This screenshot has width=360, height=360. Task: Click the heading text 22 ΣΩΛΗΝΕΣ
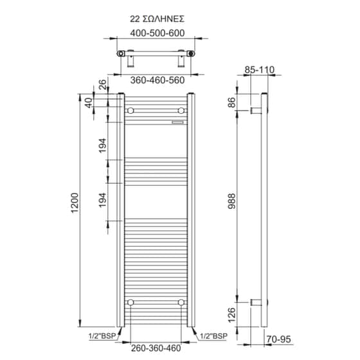(x=157, y=19)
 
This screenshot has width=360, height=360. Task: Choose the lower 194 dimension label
(x=104, y=202)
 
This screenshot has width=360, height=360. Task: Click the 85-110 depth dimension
(x=260, y=69)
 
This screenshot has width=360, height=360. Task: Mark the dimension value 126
(x=233, y=314)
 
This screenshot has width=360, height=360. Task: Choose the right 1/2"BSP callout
(x=214, y=336)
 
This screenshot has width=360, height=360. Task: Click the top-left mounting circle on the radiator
(x=131, y=111)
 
